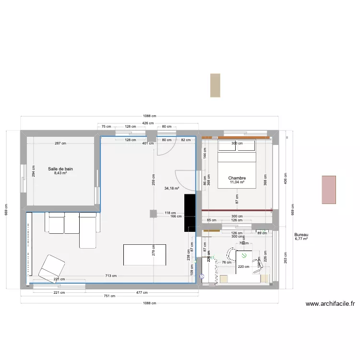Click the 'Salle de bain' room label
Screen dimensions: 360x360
click(x=60, y=169)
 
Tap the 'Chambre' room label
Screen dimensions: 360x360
click(x=237, y=178)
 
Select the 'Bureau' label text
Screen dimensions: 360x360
click(x=301, y=234)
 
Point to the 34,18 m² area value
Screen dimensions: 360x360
click(x=171, y=189)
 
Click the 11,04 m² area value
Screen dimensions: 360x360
click(x=237, y=182)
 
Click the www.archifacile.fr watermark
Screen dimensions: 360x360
click(x=330, y=304)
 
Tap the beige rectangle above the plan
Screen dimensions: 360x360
click(x=215, y=85)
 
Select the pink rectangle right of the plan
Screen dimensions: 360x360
click(x=329, y=190)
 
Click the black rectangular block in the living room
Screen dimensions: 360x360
click(x=190, y=213)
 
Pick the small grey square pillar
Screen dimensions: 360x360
click(x=153, y=214)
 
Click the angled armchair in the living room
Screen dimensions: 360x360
click(x=51, y=267)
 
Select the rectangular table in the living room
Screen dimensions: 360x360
click(x=145, y=254)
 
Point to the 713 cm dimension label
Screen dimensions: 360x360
click(x=110, y=276)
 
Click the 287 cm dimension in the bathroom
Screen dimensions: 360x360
click(x=60, y=144)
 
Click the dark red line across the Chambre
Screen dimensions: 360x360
click(x=237, y=210)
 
